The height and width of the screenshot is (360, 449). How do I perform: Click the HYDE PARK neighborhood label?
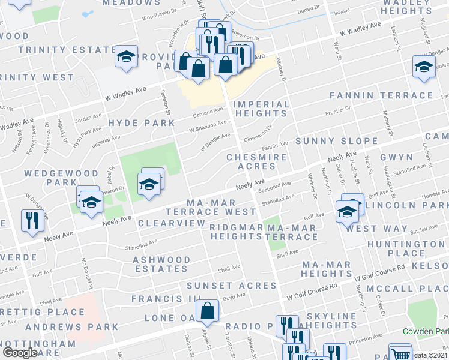click(141, 122)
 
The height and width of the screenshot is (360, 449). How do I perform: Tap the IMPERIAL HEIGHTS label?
click(261, 109)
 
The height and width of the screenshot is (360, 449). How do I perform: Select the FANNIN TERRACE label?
click(381, 95)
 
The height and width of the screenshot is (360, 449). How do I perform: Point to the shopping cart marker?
click(399, 353)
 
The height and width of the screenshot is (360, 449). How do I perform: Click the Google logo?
click(20, 353)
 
